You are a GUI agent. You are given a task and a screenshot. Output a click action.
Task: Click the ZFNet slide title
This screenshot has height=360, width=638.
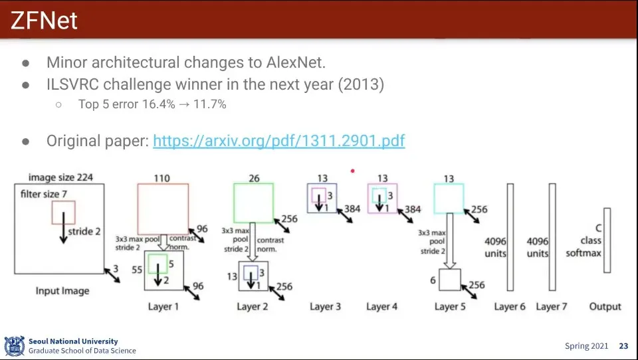click(45, 21)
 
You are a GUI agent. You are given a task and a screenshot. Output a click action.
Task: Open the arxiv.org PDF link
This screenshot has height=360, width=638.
click(278, 141)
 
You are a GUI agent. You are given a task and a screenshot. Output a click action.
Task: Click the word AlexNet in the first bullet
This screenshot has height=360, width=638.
click(296, 62)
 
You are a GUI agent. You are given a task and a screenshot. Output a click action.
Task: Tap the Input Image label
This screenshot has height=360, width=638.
click(62, 291)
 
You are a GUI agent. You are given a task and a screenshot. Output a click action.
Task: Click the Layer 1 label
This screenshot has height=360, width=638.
click(163, 306)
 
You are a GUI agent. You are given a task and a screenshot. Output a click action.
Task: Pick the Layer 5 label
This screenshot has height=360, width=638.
click(450, 306)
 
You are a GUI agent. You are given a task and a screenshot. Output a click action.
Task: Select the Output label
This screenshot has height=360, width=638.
click(605, 306)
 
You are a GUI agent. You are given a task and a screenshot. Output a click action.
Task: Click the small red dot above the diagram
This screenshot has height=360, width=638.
click(352, 171)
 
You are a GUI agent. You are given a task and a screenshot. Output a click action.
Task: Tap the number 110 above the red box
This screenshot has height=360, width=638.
click(161, 178)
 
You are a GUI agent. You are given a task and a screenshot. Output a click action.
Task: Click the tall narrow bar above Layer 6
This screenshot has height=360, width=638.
click(510, 236)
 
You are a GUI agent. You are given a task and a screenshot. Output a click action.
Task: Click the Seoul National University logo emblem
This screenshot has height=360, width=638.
click(15, 346)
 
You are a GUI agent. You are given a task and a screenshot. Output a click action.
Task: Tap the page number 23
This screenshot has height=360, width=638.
click(623, 346)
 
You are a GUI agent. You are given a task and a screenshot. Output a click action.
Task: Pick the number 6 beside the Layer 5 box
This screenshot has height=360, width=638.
click(433, 280)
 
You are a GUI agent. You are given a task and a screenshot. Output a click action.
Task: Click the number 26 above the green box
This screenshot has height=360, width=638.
click(253, 178)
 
